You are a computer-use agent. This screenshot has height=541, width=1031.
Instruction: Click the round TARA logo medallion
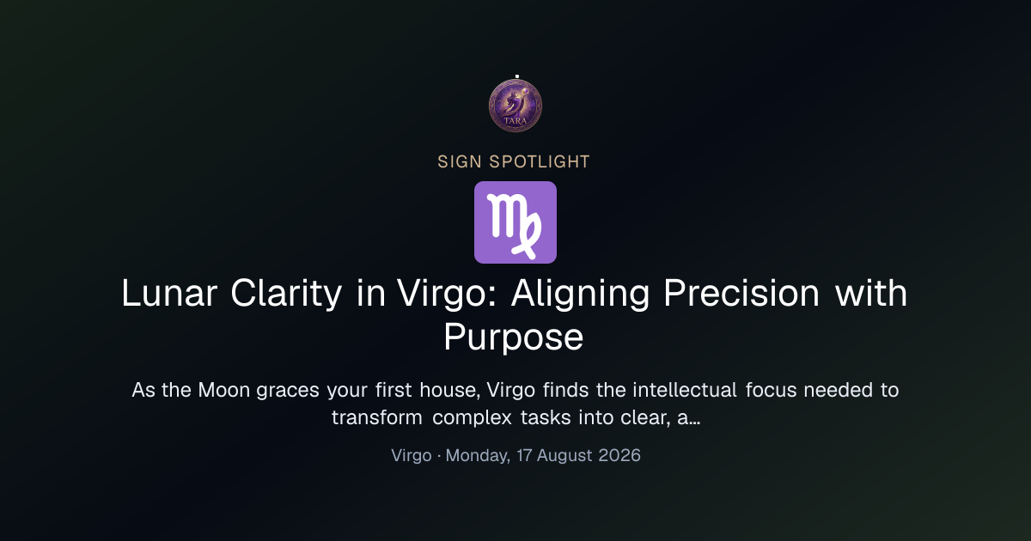(515, 106)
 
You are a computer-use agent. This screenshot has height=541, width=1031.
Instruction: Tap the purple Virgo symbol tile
(515, 222)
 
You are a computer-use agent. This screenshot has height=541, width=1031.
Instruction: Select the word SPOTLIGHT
(540, 162)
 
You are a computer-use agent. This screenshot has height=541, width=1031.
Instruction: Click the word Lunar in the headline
(169, 293)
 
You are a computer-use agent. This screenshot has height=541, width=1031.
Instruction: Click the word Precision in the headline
(741, 293)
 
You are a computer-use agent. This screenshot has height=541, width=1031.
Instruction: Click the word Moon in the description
(224, 390)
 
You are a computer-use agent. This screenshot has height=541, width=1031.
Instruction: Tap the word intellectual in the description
(685, 390)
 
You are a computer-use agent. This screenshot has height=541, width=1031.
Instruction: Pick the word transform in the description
(377, 417)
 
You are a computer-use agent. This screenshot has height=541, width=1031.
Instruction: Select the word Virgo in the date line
(412, 456)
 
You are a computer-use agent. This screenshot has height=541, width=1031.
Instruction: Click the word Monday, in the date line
(479, 456)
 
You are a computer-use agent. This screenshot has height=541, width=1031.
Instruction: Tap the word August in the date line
(564, 456)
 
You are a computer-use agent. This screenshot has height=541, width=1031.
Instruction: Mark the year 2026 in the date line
(619, 455)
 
